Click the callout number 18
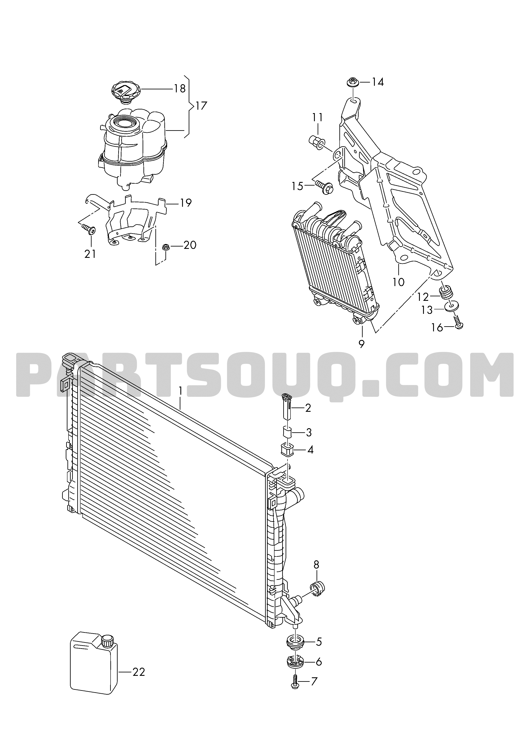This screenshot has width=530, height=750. point(180,89)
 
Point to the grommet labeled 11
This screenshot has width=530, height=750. point(316,143)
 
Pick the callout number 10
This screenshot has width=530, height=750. point(399,282)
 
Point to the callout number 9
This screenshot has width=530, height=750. point(361,344)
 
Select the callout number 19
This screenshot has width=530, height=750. point(186,203)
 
